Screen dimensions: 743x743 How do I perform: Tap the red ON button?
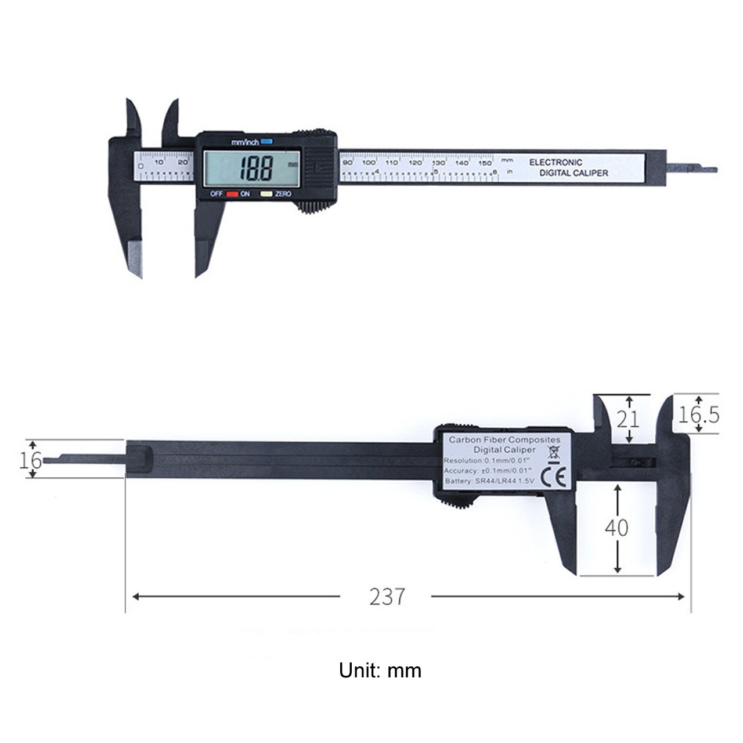(233, 194)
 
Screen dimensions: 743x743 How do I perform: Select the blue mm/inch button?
(266, 142)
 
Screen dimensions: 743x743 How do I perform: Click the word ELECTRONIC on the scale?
(556, 163)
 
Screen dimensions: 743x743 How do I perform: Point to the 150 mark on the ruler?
(485, 163)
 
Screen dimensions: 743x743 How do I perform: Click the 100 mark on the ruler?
(369, 163)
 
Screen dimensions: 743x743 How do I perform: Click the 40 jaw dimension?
(616, 528)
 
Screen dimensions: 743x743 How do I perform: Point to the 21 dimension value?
(627, 419)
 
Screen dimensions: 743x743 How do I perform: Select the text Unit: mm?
(380, 671)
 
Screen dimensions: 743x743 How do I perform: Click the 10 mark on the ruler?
(159, 163)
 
